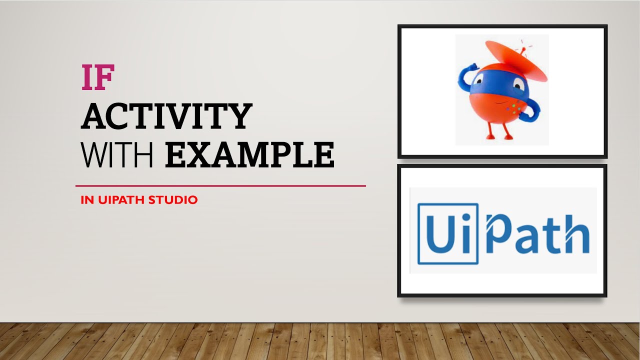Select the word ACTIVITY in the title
pos(166,116)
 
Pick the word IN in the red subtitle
pos(87,200)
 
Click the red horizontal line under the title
pos(220,186)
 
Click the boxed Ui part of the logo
pos(447,233)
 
